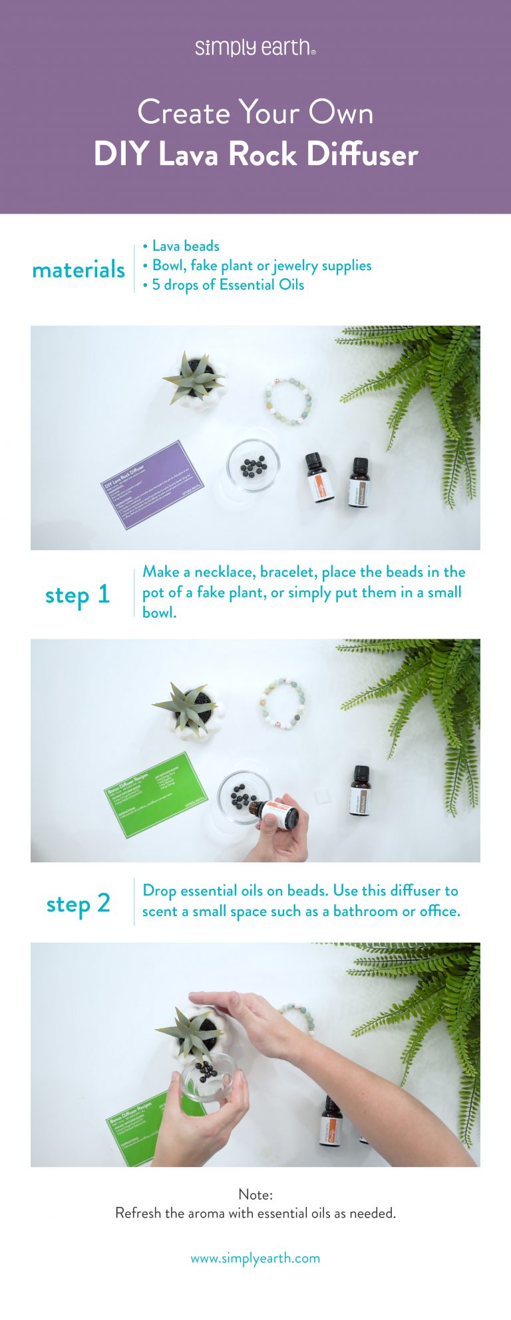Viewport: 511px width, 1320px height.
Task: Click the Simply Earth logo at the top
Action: (x=255, y=47)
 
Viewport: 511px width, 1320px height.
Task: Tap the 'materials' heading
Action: (x=79, y=269)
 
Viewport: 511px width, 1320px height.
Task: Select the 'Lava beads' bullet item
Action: (x=185, y=246)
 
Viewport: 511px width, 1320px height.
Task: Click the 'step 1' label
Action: (x=77, y=594)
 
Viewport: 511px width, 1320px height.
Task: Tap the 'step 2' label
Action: (x=78, y=903)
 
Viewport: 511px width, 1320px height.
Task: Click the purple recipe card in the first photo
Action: (x=152, y=484)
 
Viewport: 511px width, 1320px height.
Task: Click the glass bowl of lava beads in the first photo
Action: (x=253, y=466)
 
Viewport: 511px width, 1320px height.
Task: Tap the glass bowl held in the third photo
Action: (x=208, y=1076)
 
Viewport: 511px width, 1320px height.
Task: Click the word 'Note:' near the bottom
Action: (x=255, y=1194)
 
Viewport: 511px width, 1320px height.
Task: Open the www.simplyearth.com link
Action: (x=255, y=1258)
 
